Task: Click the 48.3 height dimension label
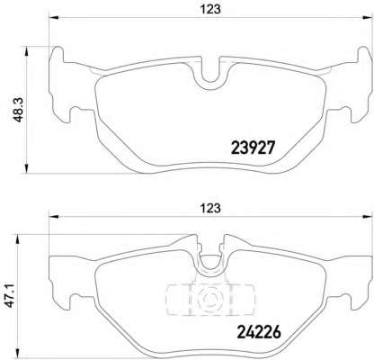[x=12, y=106]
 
